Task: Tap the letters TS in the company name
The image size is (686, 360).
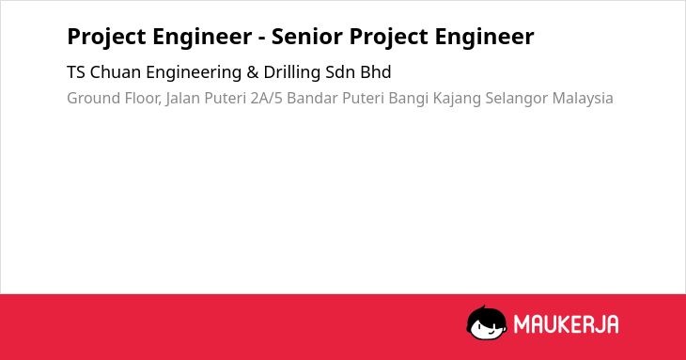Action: pyautogui.click(x=76, y=72)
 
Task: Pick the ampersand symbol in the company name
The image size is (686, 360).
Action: pyautogui.click(x=253, y=72)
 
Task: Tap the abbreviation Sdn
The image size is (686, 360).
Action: pyautogui.click(x=340, y=72)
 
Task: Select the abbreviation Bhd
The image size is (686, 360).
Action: pyautogui.click(x=376, y=72)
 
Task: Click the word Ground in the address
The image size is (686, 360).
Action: pyautogui.click(x=93, y=98)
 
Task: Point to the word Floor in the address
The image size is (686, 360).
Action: pyautogui.click(x=143, y=99)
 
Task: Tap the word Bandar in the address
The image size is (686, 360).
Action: pyautogui.click(x=312, y=98)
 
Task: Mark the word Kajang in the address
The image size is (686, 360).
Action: pyautogui.click(x=457, y=99)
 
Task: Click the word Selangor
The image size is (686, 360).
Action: pyautogui.click(x=516, y=99)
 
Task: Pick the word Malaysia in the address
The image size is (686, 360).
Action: pyautogui.click(x=583, y=99)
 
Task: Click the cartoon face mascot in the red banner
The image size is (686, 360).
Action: pyautogui.click(x=487, y=322)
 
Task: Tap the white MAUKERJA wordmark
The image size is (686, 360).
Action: pyautogui.click(x=566, y=324)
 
